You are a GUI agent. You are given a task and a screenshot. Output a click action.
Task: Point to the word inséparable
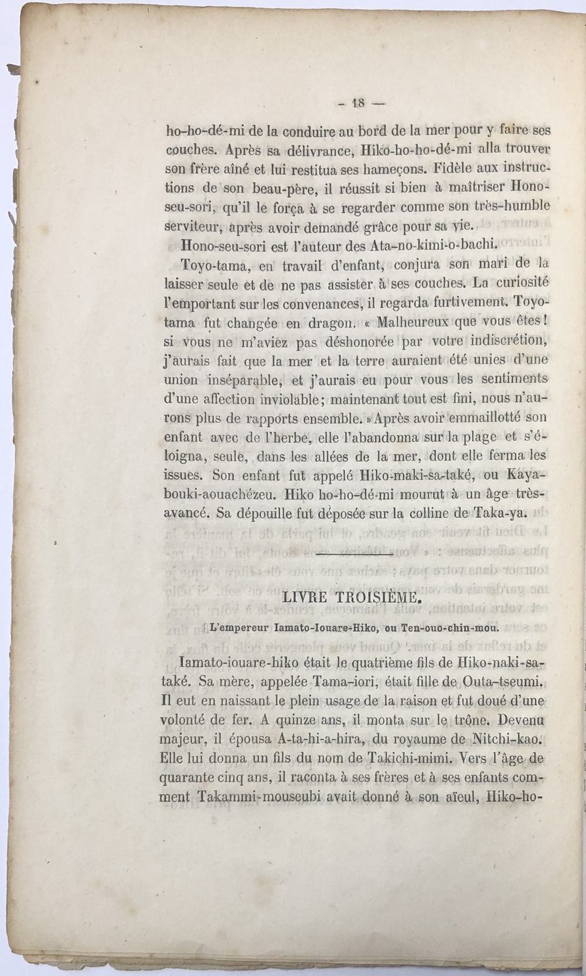[253, 380]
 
